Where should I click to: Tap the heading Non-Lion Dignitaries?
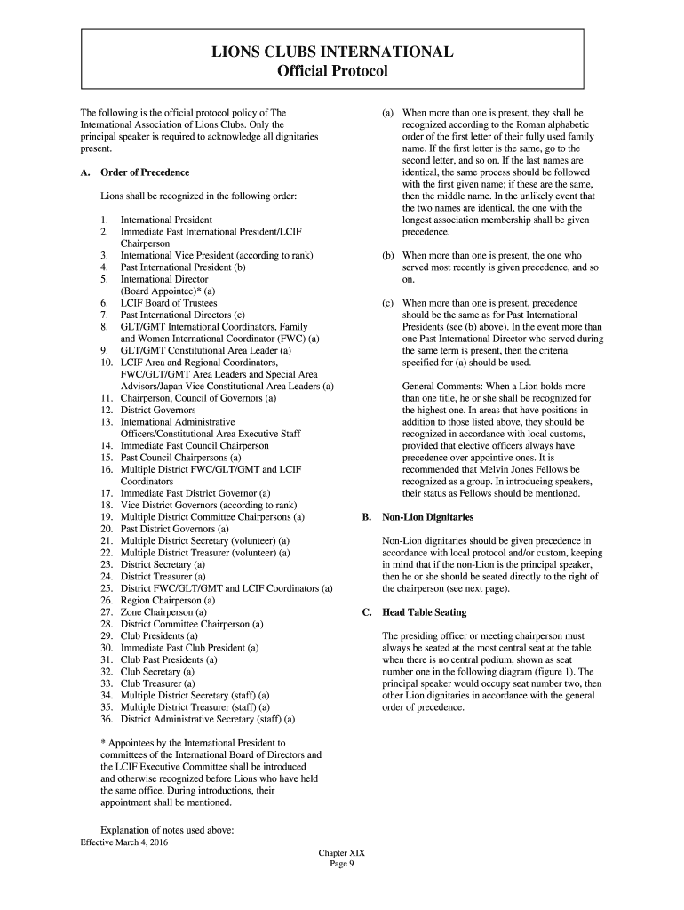427,516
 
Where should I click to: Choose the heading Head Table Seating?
424,612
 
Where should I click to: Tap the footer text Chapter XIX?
342,852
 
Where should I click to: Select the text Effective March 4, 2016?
123,841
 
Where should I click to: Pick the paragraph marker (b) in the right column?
388,255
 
